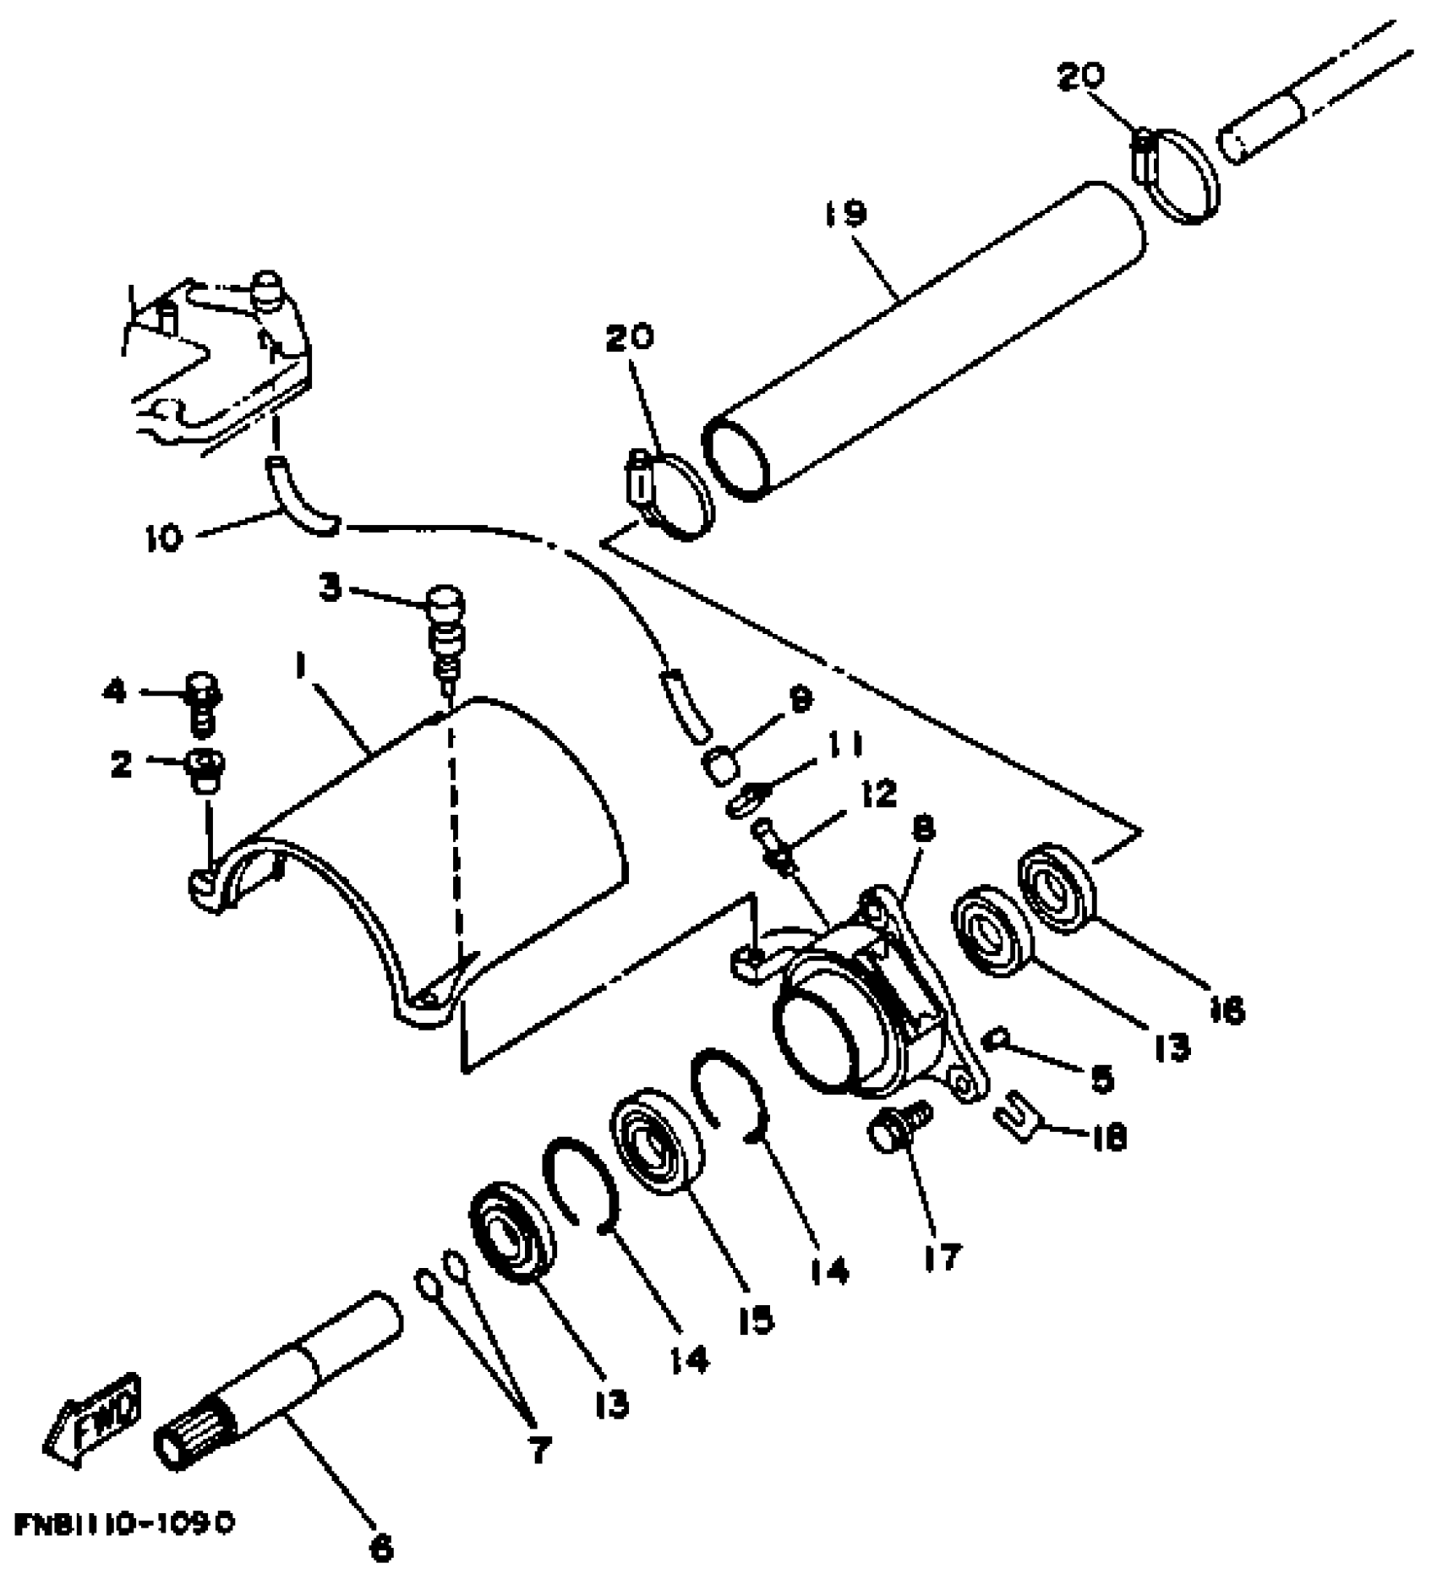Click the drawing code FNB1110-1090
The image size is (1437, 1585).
123,1523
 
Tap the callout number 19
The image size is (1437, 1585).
846,213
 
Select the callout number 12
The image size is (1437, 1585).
881,793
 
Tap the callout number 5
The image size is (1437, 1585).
1101,1079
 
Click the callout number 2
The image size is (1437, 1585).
122,764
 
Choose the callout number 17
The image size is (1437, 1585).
940,1257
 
